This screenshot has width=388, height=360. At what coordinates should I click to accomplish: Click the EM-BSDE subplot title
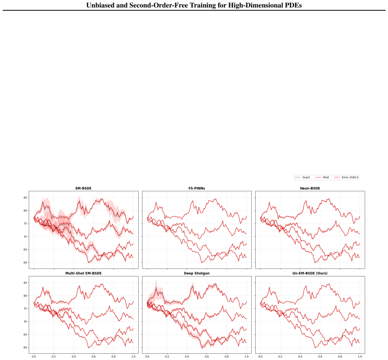coord(84,188)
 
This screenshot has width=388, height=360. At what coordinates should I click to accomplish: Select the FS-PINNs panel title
coord(197,188)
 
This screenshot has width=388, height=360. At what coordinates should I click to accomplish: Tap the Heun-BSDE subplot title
coord(310,188)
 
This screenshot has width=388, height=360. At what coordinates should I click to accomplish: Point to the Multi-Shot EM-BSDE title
coord(84,273)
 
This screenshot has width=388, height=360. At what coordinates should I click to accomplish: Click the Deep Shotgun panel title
coord(197,273)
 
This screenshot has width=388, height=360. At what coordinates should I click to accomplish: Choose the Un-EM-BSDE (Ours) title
coord(310,273)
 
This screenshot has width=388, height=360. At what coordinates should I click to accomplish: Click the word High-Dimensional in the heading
coord(255,5)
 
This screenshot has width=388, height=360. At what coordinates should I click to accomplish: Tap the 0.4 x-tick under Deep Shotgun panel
coord(187,357)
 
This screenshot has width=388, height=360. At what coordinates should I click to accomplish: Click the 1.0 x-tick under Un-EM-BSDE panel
coord(360,357)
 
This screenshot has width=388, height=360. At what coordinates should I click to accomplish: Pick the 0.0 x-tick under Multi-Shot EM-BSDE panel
coord(34,357)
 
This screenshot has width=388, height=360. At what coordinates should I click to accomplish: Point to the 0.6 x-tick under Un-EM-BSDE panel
coord(320,357)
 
